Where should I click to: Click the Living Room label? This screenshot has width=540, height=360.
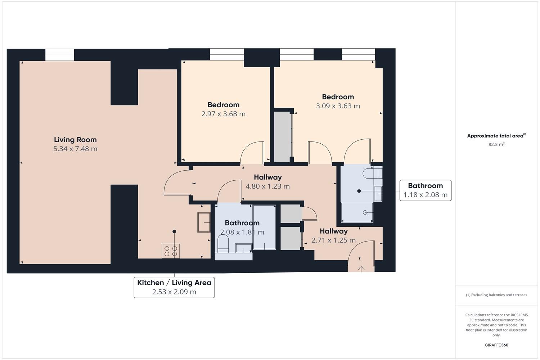point(75,140)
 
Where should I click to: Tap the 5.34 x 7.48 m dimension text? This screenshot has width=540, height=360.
point(75,149)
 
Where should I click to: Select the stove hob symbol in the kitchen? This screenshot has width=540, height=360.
point(171,251)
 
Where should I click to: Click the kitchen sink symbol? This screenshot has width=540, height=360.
point(204,222)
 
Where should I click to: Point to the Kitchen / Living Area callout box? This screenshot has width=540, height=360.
point(174,287)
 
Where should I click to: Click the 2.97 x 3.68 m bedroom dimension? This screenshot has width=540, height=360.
point(223,114)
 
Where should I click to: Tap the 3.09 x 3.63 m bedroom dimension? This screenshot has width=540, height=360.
point(338,106)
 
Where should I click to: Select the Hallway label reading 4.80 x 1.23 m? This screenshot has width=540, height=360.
point(267,181)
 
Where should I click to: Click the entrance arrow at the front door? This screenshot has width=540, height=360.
point(361,269)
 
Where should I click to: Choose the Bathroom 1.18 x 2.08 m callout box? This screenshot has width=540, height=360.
point(425,190)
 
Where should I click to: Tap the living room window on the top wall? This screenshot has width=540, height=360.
point(60,55)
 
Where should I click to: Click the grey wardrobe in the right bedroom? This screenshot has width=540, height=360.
point(283,137)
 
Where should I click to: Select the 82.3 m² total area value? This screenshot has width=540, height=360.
point(496,144)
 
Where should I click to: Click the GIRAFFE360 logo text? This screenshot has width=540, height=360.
point(496,345)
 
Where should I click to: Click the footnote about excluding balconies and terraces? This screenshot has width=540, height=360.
point(496,295)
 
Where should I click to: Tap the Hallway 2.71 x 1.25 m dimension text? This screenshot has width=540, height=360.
point(333,240)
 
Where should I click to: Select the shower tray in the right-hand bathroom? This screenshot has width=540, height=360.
point(357,212)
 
